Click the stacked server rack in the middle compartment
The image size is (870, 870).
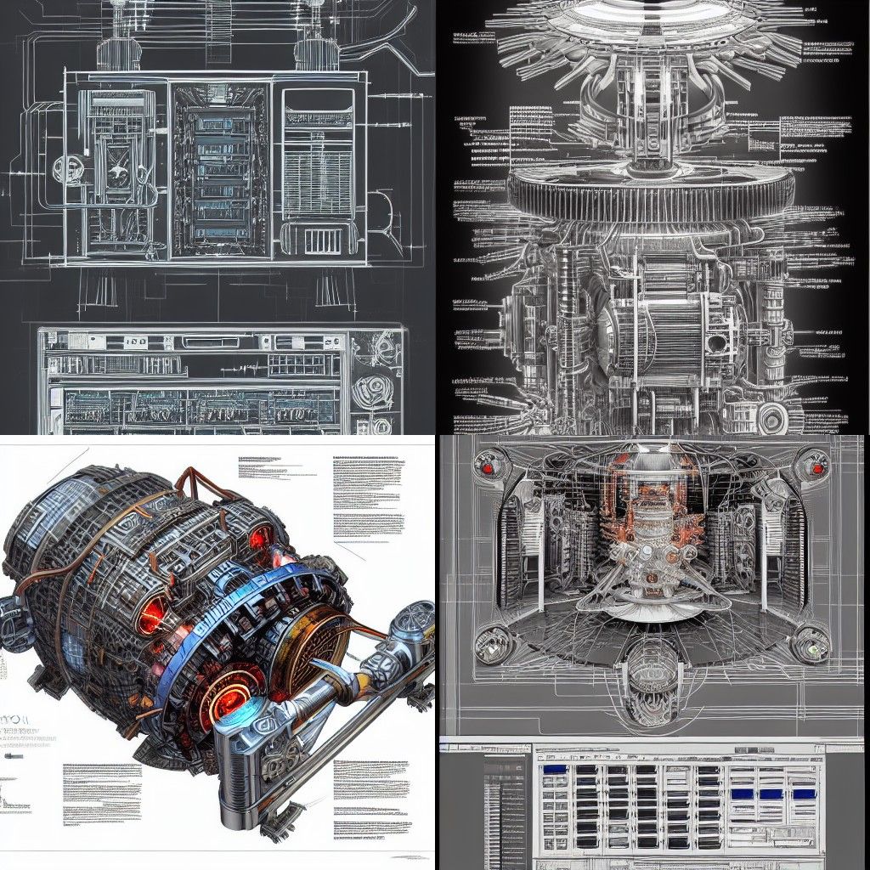(222, 174)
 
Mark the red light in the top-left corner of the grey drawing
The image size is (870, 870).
(488, 466)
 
